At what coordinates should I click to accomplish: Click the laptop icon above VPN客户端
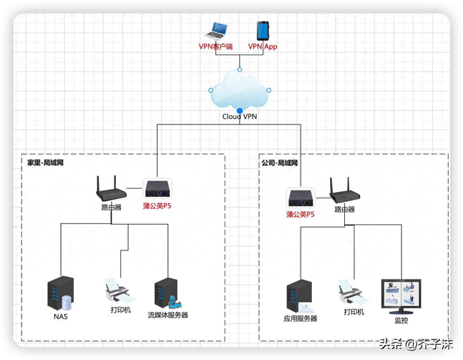pyautogui.click(x=216, y=31)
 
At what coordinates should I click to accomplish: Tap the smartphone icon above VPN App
pyautogui.click(x=263, y=31)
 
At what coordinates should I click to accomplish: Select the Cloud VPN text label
pyautogui.click(x=240, y=117)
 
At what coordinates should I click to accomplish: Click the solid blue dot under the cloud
pyautogui.click(x=240, y=111)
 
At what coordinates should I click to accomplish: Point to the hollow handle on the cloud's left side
pyautogui.click(x=211, y=90)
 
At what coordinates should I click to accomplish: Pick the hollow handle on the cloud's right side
pyautogui.click(x=269, y=90)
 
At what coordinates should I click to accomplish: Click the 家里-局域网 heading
pyautogui.click(x=45, y=162)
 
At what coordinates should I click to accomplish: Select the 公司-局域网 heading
pyautogui.click(x=279, y=163)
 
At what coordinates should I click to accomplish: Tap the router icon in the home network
pyautogui.click(x=111, y=189)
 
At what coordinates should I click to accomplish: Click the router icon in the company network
pyautogui.click(x=344, y=191)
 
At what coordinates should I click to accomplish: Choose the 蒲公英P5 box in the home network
pyautogui.click(x=158, y=189)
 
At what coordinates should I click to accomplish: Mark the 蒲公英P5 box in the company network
pyautogui.click(x=301, y=198)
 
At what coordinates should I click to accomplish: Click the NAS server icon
pyautogui.click(x=61, y=293)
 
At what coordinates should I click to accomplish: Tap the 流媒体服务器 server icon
pyautogui.click(x=167, y=294)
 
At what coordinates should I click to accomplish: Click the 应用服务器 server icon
pyautogui.click(x=300, y=296)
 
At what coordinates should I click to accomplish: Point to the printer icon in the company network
pyautogui.click(x=353, y=293)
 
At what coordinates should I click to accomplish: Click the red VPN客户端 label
pyautogui.click(x=216, y=46)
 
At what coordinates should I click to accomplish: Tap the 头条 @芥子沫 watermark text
pyautogui.click(x=416, y=344)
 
